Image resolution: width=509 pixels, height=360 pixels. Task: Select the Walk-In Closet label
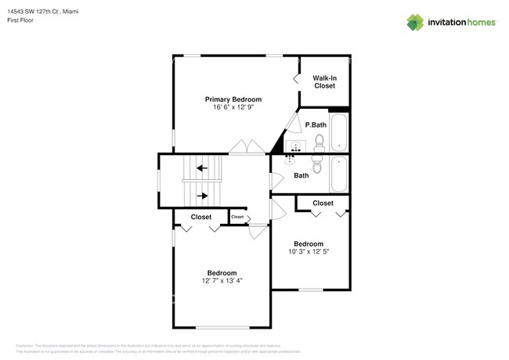pyautogui.click(x=324, y=82)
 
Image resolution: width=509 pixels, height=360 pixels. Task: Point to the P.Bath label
pyautogui.click(x=315, y=125)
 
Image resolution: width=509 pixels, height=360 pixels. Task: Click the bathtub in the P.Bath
pyautogui.click(x=338, y=132)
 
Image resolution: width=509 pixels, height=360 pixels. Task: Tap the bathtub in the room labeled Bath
pyautogui.click(x=338, y=174)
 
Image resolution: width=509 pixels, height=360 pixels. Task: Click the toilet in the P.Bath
pyautogui.click(x=319, y=142)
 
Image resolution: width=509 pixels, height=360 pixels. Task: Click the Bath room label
pyautogui.click(x=301, y=175)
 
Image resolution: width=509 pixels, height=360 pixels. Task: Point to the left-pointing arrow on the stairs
pyautogui.click(x=202, y=167)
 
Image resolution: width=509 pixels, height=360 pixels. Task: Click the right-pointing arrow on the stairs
pyautogui.click(x=202, y=196)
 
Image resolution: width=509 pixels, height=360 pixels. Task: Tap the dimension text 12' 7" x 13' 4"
pyautogui.click(x=222, y=280)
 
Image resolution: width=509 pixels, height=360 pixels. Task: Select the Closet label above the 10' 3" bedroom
pyautogui.click(x=323, y=203)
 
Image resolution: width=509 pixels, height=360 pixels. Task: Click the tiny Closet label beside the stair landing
pyautogui.click(x=237, y=217)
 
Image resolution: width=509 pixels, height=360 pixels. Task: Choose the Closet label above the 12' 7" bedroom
pyautogui.click(x=201, y=217)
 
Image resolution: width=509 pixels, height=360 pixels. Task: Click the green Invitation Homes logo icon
pyautogui.click(x=417, y=23)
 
